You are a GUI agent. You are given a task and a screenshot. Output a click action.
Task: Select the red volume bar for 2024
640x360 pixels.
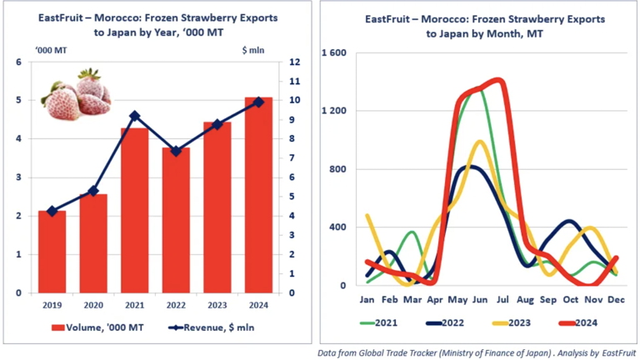coord(258,195)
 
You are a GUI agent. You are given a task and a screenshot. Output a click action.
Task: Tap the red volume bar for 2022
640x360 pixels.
coord(176,220)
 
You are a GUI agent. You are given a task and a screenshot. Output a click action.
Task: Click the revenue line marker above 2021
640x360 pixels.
coord(134,116)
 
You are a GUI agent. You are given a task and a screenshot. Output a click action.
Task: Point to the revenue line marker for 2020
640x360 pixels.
coord(93,191)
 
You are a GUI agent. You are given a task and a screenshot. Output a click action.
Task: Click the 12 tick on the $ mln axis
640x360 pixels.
coord(296,62)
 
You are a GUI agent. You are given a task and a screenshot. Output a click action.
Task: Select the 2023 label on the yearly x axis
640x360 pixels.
coord(217,305)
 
